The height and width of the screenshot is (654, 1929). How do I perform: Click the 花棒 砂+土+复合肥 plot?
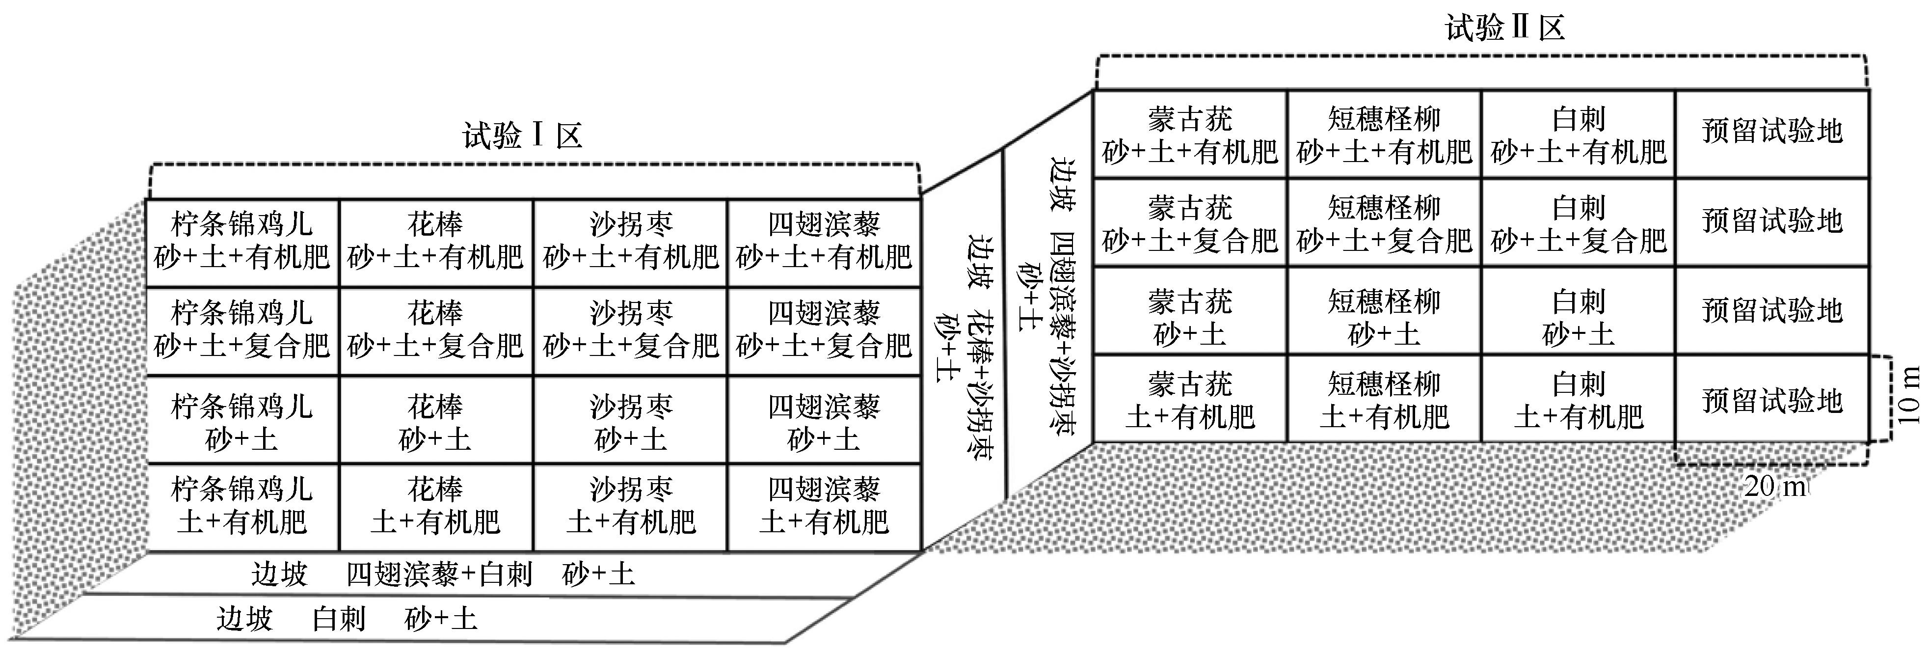coord(436,330)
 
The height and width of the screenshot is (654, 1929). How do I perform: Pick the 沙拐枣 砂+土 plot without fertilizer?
coord(631,419)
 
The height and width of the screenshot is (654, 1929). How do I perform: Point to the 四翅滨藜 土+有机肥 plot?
coord(824,507)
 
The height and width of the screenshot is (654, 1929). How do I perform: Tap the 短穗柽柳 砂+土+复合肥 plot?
coord(1384,222)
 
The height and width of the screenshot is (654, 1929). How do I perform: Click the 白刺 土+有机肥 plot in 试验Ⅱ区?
coord(1578,399)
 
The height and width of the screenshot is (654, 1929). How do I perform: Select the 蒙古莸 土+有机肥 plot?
coord(1190,399)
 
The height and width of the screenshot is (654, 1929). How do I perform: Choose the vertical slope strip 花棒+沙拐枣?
coord(963,345)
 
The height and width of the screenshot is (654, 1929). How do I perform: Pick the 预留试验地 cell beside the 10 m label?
coord(1772,399)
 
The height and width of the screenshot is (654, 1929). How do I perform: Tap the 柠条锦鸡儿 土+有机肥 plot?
coord(242,507)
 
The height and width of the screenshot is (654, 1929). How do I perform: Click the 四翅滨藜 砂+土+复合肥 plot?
coord(824,330)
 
